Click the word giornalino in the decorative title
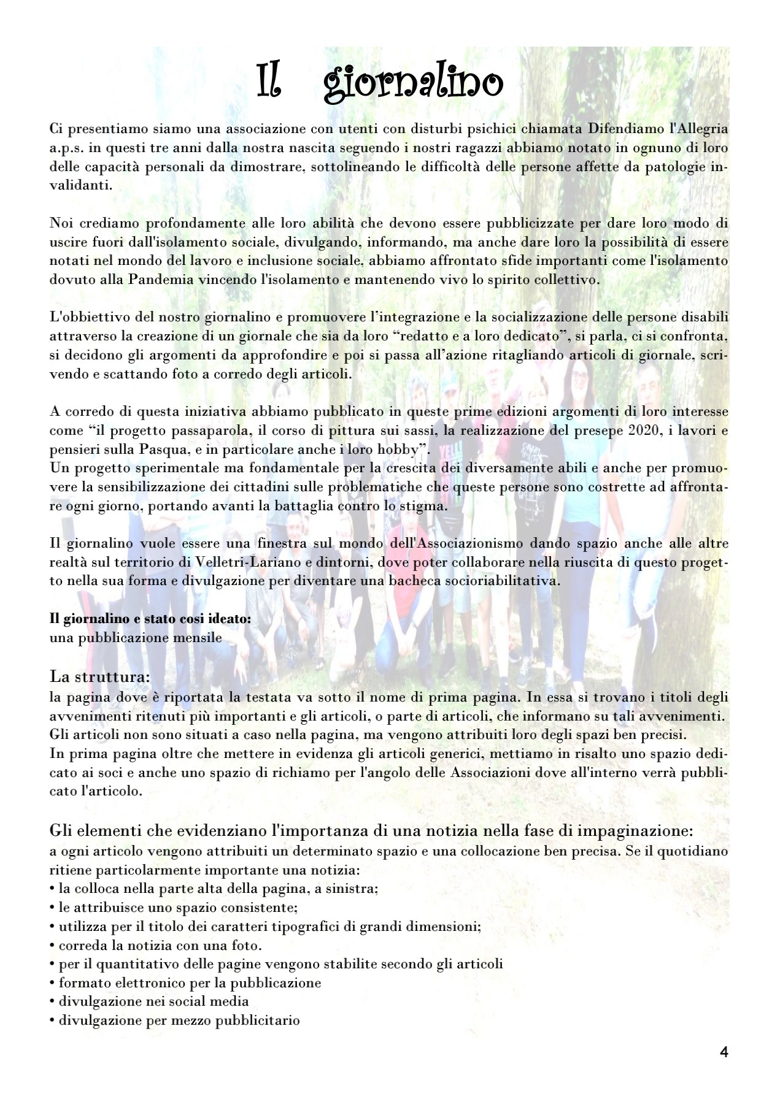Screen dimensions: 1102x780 (413, 83)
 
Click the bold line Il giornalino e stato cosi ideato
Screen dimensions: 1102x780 (150, 619)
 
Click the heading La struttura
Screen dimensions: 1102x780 (100, 677)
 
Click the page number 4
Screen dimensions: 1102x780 (724, 1052)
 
